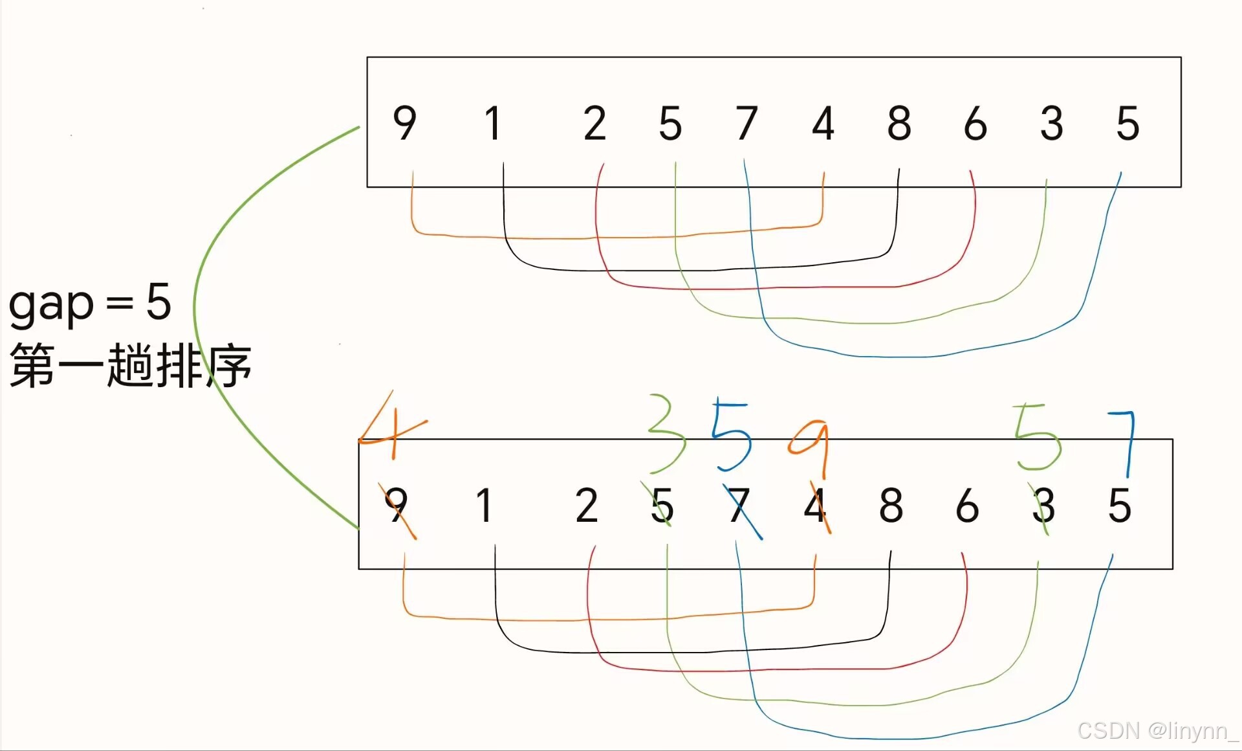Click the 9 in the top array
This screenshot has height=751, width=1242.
click(x=404, y=123)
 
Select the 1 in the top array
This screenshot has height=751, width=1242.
click(x=493, y=123)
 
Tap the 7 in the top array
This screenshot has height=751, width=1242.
click(x=746, y=123)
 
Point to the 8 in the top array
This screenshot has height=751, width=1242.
click(x=899, y=123)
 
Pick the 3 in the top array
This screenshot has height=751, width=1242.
click(x=1052, y=123)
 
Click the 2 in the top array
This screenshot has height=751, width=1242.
click(x=594, y=123)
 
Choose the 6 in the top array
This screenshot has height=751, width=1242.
click(x=975, y=123)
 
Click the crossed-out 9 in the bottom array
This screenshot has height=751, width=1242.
click(x=397, y=505)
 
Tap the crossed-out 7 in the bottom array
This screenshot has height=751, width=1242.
click(x=739, y=505)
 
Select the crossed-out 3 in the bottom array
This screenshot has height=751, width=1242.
click(x=1043, y=505)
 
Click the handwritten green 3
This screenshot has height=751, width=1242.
click(x=667, y=432)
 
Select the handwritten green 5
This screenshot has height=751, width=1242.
click(x=1037, y=436)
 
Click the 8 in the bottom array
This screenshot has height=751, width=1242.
click(x=891, y=505)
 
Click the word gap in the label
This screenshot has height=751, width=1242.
click(x=52, y=304)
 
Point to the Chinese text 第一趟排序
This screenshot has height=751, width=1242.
click(x=130, y=366)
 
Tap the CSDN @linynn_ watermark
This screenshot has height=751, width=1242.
click(x=1157, y=731)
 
